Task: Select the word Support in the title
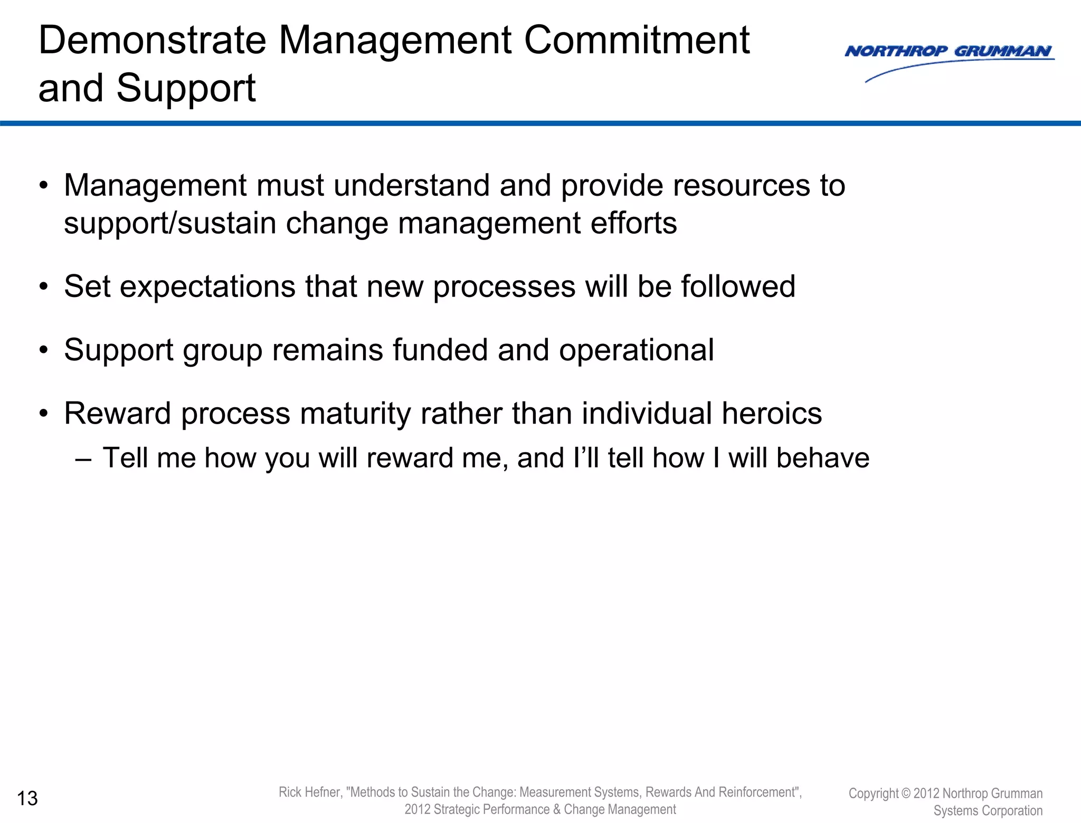pyautogui.click(x=186, y=89)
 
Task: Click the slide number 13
pyautogui.click(x=27, y=799)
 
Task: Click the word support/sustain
pyautogui.click(x=170, y=224)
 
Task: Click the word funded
pyautogui.click(x=440, y=350)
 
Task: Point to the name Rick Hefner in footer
pyautogui.click(x=310, y=792)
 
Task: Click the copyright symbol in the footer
pyautogui.click(x=906, y=793)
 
